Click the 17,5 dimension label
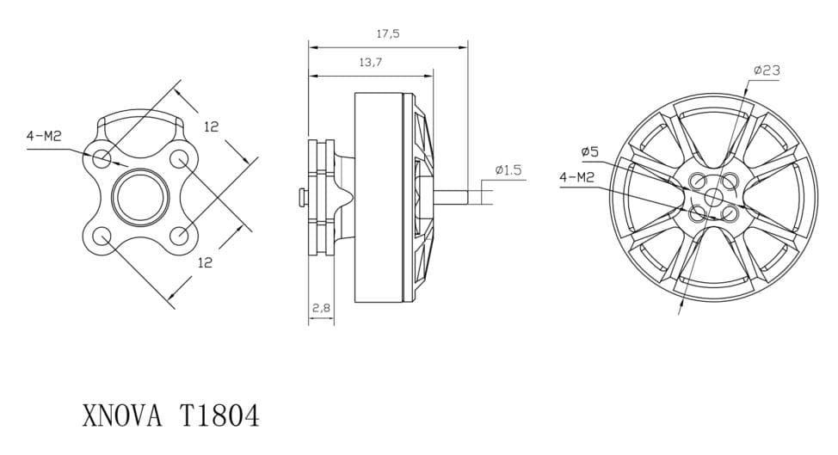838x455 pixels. click(388, 34)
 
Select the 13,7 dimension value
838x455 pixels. click(370, 63)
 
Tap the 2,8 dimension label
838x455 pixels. click(321, 308)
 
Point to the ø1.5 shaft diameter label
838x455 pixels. click(508, 170)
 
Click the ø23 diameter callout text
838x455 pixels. click(767, 70)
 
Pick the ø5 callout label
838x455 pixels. click(590, 152)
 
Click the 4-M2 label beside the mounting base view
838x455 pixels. click(45, 136)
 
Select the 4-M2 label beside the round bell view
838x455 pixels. click(576, 177)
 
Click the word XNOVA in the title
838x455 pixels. click(122, 415)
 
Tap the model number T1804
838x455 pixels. click(218, 415)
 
